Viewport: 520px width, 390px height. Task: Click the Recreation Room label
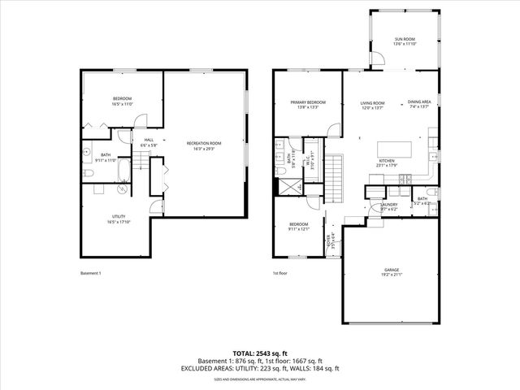coord(207,145)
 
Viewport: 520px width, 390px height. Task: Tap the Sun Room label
coord(404,41)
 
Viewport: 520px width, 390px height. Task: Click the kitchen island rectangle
coord(395,149)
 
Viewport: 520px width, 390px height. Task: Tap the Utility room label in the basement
coord(119,219)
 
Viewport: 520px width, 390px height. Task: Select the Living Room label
coord(373,104)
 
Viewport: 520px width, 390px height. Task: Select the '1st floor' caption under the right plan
coord(281,273)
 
